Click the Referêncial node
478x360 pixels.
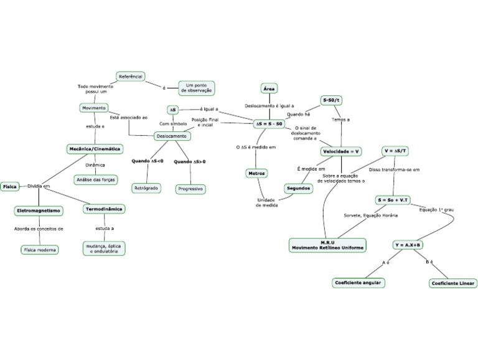pos(131,76)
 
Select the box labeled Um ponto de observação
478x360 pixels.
pos(197,87)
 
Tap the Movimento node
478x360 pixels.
pos(94,108)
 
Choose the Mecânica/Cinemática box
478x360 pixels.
pos(95,149)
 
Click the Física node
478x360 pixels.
pos(9,186)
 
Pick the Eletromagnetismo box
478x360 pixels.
pos(39,211)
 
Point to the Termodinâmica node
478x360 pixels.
pos(104,209)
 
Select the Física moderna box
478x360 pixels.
pos(40,250)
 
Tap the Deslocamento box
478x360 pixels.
pos(171,135)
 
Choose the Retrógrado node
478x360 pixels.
pos(146,187)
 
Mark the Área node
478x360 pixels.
pos(269,89)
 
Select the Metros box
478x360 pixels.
pos(257,173)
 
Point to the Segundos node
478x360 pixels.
pos(298,188)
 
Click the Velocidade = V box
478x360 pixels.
pos(342,151)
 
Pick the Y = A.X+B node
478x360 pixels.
pos(408,245)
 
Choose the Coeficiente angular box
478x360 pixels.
pos(358,283)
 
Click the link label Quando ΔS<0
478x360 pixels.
pos(148,161)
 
